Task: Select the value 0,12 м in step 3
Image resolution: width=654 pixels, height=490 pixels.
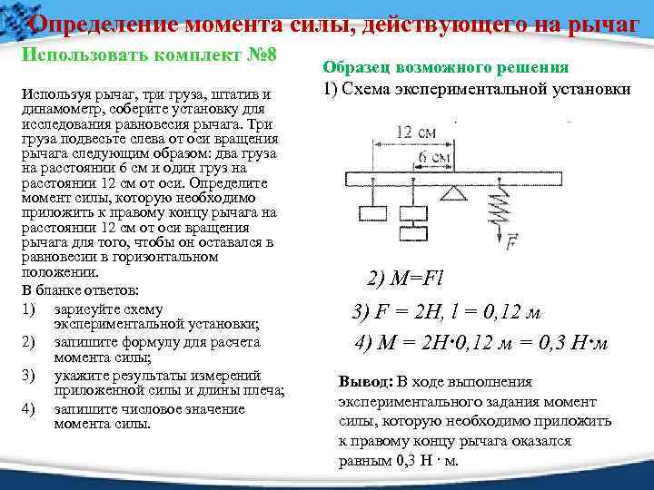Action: tap(498, 312)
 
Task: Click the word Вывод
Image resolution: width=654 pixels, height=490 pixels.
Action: tap(363, 381)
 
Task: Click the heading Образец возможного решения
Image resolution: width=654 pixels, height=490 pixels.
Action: tap(445, 67)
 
